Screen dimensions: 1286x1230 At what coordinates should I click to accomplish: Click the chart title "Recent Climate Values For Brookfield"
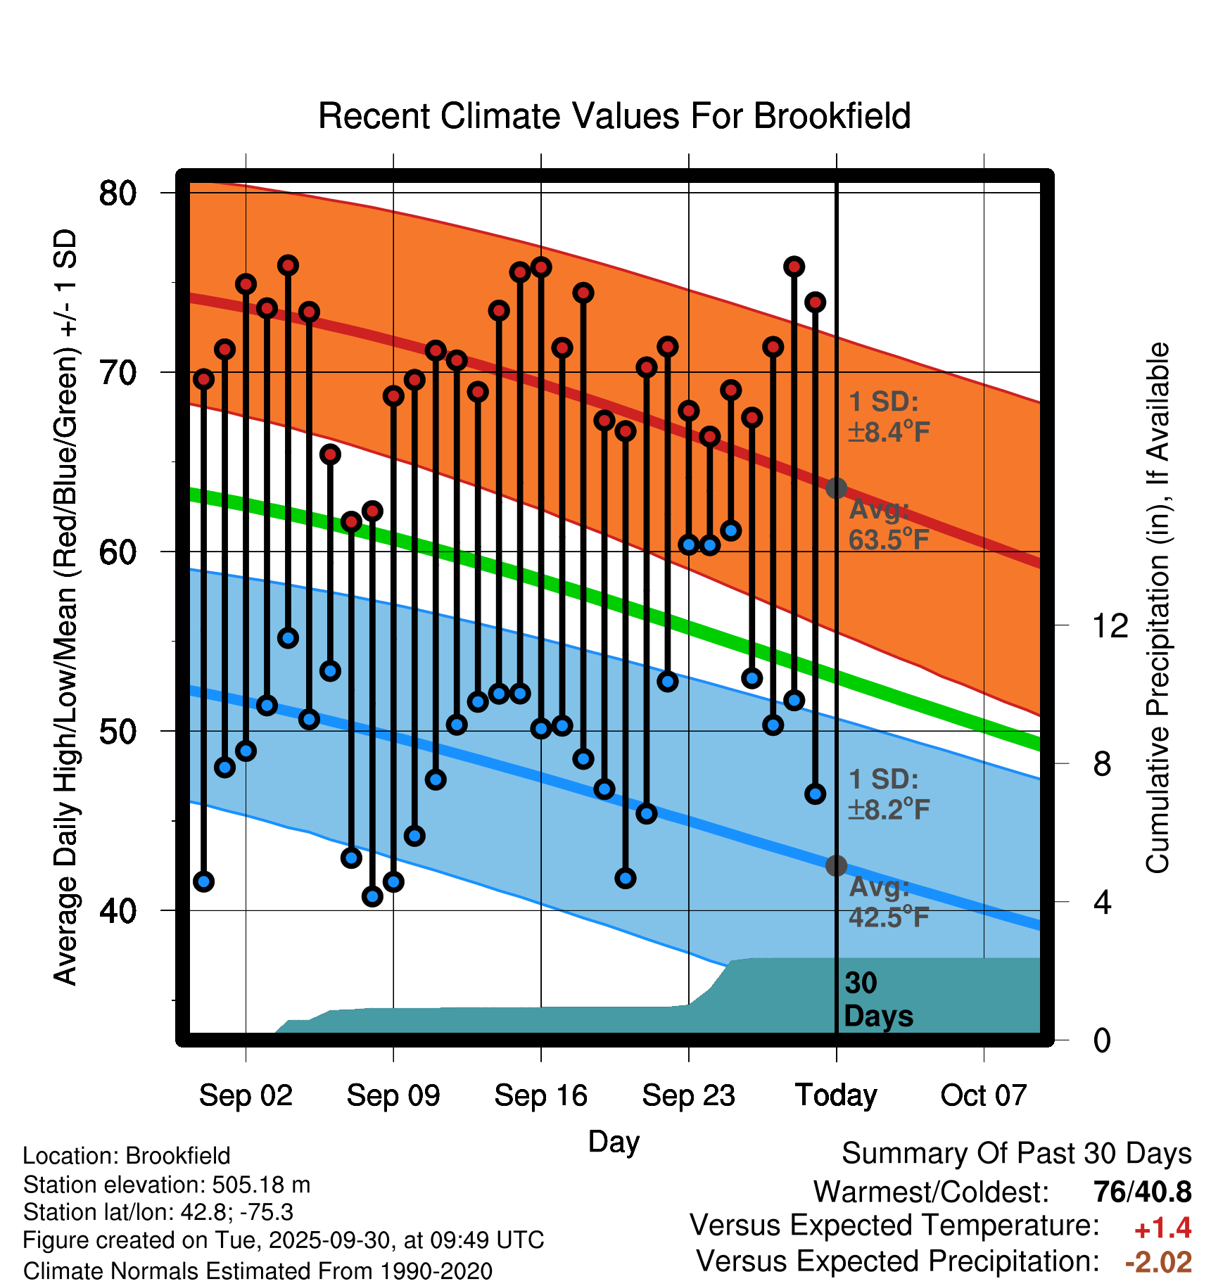click(x=614, y=116)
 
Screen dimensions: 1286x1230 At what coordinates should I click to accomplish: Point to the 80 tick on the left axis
click(x=118, y=193)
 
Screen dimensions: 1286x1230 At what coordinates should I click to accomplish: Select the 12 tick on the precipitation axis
click(x=1110, y=625)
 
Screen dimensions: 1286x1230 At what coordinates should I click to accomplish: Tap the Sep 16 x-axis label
click(x=540, y=1095)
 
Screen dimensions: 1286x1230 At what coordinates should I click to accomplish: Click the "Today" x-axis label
click(x=836, y=1095)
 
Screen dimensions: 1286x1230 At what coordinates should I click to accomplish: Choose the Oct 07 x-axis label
click(x=984, y=1095)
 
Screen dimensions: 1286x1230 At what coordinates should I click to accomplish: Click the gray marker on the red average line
click(x=836, y=488)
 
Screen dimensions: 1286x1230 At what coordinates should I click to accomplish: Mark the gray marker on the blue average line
click(x=836, y=865)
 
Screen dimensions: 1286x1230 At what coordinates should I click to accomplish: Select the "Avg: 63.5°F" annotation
click(x=888, y=525)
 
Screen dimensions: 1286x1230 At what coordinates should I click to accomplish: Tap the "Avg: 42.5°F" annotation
click(x=888, y=902)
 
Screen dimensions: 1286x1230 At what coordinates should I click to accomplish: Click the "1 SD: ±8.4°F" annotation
click(x=888, y=416)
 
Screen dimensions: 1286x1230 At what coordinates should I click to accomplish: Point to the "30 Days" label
click(x=877, y=1000)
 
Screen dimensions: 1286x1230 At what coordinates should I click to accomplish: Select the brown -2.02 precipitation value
click(x=1158, y=1262)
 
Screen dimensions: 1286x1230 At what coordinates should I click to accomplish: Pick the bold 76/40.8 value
click(x=1142, y=1192)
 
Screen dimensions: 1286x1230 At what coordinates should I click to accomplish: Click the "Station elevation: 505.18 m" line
click(x=167, y=1185)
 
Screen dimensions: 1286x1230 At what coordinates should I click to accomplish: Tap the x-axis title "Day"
click(x=614, y=1141)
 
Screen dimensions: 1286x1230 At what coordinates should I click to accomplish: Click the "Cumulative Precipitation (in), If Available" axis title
click(x=1158, y=609)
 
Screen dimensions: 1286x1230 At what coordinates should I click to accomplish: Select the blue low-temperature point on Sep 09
click(x=393, y=881)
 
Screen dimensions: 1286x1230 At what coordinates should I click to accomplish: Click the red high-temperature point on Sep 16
click(x=541, y=267)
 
